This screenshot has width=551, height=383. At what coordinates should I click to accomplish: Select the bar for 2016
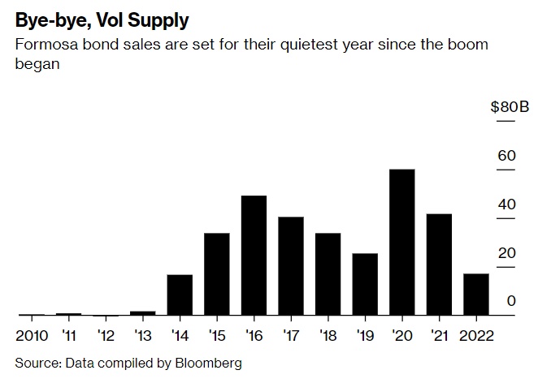tap(254, 255)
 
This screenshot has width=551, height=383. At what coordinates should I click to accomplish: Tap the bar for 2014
tap(180, 295)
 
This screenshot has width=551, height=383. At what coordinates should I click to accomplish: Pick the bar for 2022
tap(476, 294)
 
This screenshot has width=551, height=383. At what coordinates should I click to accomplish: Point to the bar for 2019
tap(365, 284)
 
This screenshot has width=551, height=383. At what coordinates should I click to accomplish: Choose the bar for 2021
tap(439, 264)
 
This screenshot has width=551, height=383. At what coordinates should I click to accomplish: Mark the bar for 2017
tap(291, 265)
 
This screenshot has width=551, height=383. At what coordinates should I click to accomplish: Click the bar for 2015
tap(217, 273)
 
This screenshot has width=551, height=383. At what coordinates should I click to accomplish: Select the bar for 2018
tap(328, 273)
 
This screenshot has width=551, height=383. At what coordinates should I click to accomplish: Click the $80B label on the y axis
tap(510, 106)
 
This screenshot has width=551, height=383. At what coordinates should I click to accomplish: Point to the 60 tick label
tap(506, 155)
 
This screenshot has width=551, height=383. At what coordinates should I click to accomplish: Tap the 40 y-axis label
tap(506, 204)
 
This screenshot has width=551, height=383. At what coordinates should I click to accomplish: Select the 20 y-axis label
tap(506, 252)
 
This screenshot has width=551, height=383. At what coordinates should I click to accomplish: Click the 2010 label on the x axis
tap(33, 335)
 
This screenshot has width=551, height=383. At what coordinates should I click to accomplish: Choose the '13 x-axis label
tap(143, 335)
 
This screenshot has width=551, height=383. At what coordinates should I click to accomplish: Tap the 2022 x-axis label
tap(476, 335)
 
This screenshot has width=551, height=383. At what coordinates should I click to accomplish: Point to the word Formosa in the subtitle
tap(45, 44)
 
